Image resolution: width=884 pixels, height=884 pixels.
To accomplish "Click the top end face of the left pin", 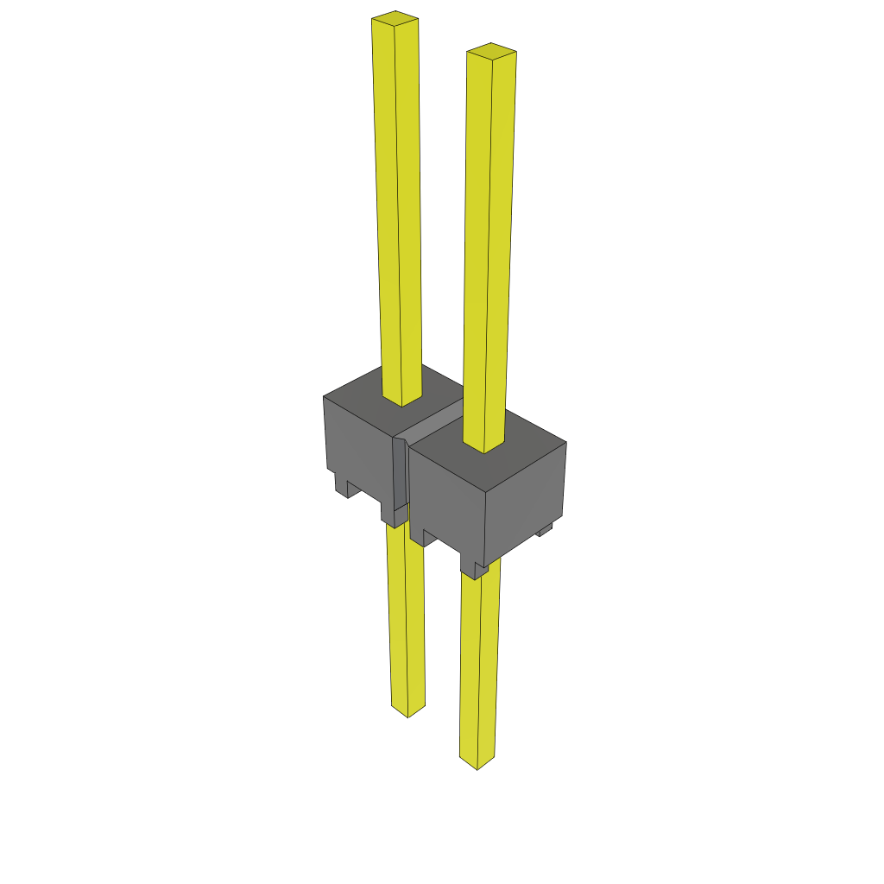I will (x=395, y=17).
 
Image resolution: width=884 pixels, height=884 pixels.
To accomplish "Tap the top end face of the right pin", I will (x=491, y=51).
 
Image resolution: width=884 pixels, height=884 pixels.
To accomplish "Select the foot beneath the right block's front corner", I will (x=475, y=569).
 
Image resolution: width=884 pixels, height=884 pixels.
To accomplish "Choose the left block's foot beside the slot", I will (x=393, y=516).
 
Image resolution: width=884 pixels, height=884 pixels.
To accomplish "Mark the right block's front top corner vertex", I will (x=484, y=491).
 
